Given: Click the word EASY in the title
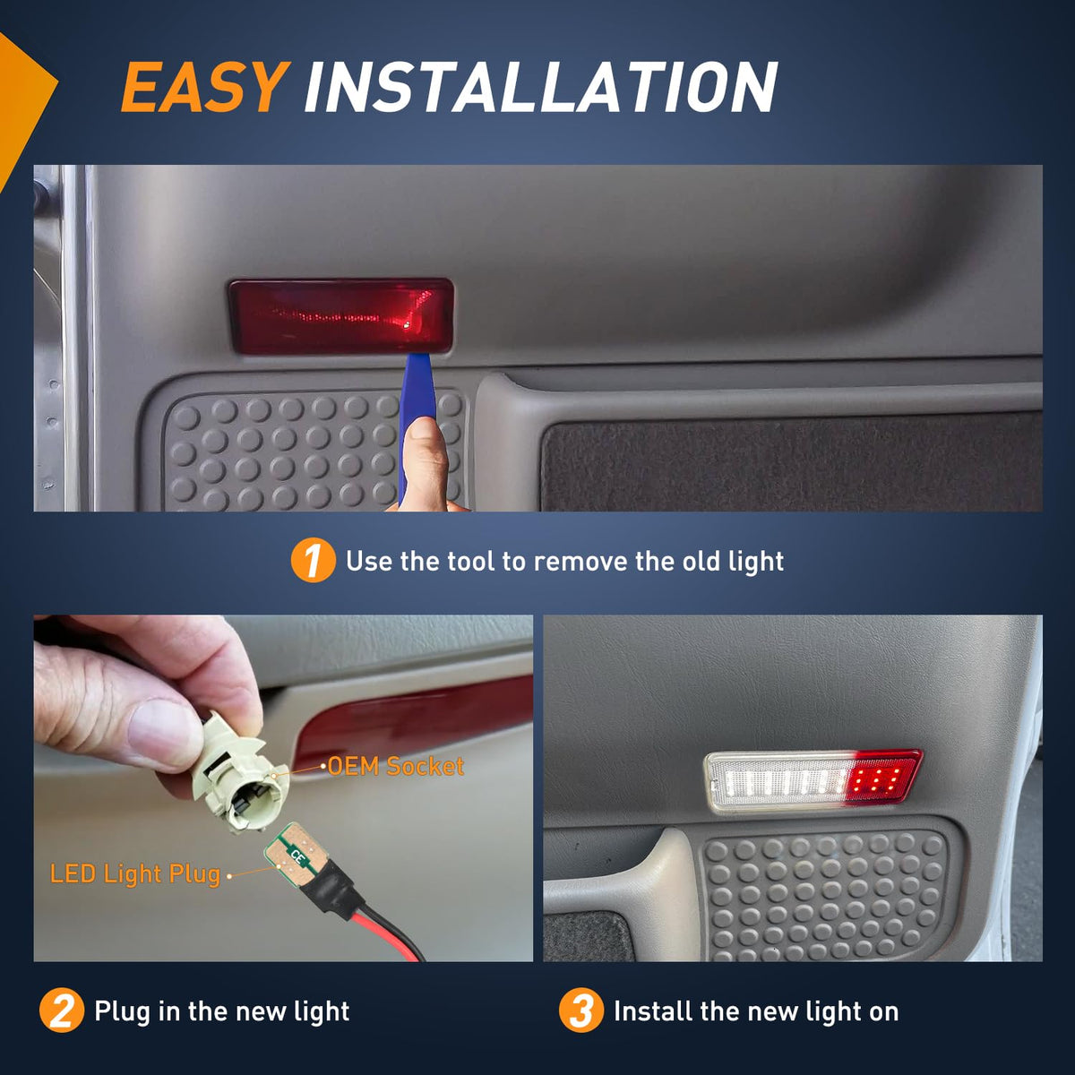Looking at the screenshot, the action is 205,87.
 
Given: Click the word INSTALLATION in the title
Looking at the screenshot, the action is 541,87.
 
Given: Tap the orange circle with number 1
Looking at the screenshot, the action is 313,560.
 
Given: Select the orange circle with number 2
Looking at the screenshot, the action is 62,1010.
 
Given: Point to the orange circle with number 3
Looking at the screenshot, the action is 581,1010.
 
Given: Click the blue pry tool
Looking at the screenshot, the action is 413,413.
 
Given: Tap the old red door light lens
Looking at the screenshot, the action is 340,315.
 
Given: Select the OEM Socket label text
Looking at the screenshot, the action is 396,766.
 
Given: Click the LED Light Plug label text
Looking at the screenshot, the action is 135,873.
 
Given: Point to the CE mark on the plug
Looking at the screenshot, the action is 297,856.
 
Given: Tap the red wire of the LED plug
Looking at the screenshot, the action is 385,926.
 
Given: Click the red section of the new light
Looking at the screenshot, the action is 882,777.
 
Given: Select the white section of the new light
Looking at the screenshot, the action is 776,782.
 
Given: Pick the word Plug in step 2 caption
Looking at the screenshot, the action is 122,1011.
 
